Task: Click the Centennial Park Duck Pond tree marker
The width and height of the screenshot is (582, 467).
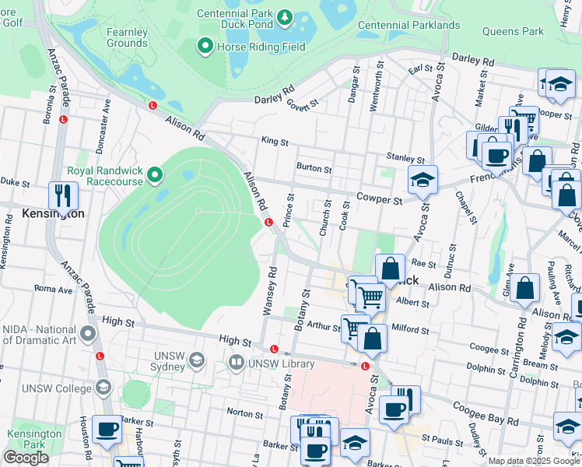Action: [x=285, y=16]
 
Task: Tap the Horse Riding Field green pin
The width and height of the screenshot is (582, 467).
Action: [x=205, y=47]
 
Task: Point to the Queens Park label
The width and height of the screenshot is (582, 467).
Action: [x=513, y=32]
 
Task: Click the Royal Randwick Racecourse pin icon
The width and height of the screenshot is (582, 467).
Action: [x=155, y=175]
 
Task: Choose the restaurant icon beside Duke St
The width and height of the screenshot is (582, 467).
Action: [x=62, y=195]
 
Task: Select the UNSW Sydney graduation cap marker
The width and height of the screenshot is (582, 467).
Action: [x=198, y=360]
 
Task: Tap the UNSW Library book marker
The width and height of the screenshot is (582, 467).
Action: [x=237, y=362]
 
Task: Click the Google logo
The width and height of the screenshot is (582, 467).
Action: [x=25, y=458]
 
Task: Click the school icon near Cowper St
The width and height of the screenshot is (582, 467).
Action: [x=422, y=181]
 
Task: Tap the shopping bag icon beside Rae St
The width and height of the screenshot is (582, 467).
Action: [x=390, y=270]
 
